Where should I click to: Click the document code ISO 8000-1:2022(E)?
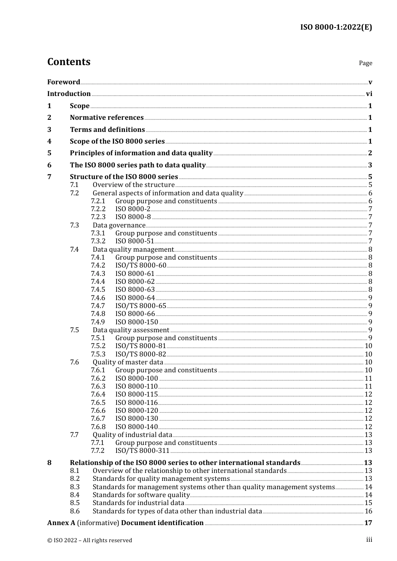click(336, 27)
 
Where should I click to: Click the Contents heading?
click(69, 62)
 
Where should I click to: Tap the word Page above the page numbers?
click(365, 63)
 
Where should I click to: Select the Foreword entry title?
click(64, 82)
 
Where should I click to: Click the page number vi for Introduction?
click(369, 94)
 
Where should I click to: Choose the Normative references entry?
click(107, 118)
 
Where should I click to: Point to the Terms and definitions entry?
click(107, 129)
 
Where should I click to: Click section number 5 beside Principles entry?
click(49, 153)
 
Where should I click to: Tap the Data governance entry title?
click(119, 225)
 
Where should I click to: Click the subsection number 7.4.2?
click(98, 265)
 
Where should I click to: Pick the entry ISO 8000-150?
click(137, 322)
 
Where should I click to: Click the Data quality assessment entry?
click(131, 330)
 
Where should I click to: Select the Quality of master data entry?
click(128, 362)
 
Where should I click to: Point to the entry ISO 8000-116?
click(136, 403)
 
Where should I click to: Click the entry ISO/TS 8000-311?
click(142, 451)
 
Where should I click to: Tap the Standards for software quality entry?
click(141, 495)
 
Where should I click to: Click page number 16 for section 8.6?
click(368, 511)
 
